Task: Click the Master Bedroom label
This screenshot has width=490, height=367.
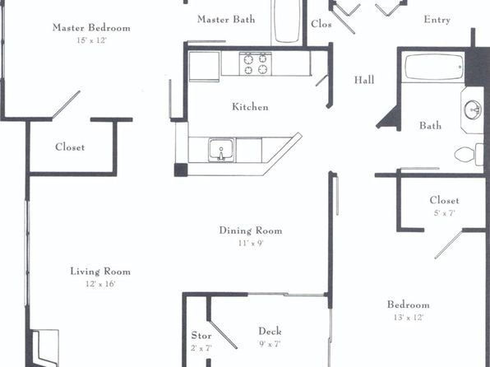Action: [x=91, y=27]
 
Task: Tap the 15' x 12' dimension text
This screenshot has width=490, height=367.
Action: [x=91, y=40]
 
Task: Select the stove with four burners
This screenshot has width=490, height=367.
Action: [x=256, y=64]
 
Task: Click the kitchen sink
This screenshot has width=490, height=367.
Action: [x=221, y=151]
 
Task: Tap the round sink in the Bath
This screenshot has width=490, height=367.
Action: [x=472, y=109]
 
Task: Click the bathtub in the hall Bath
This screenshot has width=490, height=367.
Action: [x=433, y=67]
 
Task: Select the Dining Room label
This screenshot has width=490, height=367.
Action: [x=251, y=230]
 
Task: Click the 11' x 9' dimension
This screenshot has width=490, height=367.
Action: [x=251, y=243]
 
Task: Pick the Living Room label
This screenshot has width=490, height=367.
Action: [x=100, y=272]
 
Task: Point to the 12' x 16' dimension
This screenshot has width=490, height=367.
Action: [x=100, y=284]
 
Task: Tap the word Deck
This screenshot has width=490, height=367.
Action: [x=270, y=332]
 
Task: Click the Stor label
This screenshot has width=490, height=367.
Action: [x=201, y=336]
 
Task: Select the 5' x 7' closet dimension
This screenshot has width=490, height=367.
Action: [x=444, y=213]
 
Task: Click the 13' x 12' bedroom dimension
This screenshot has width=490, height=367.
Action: [x=409, y=318]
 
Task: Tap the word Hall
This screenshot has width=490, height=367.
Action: [x=364, y=80]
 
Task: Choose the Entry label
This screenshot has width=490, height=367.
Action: [x=437, y=20]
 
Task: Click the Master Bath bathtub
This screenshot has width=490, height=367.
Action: [x=287, y=21]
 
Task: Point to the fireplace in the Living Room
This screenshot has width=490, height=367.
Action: [x=45, y=347]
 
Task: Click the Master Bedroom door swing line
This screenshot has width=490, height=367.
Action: [x=66, y=105]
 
